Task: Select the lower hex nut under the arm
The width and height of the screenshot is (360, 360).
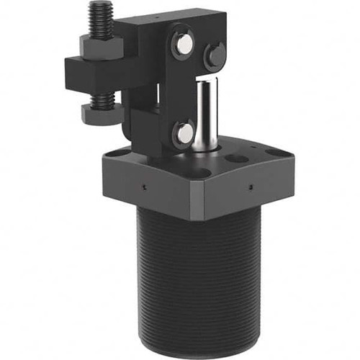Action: [x=98, y=112]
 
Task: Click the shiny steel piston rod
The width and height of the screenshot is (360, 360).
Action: [x=206, y=115]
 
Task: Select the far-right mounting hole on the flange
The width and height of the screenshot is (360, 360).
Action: [x=274, y=152]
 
